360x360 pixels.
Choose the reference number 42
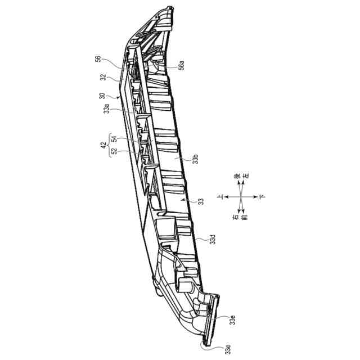pos(103,145)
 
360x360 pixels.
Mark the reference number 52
pos(113,151)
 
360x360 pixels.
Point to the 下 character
pos(262,197)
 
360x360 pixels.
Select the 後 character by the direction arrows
pos(237,178)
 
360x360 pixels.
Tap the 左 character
pos(245,178)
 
